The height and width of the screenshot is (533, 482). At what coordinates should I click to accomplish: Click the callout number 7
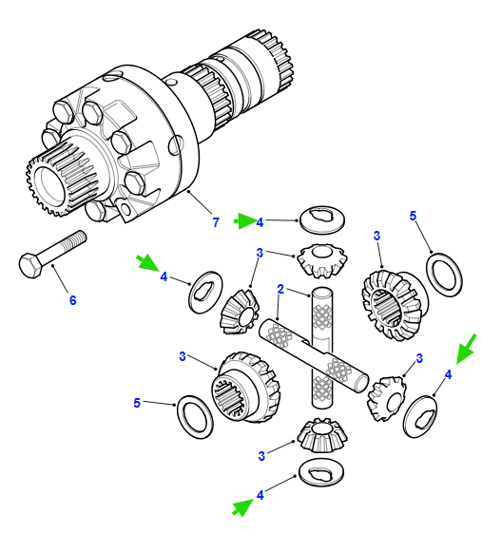pos(216,222)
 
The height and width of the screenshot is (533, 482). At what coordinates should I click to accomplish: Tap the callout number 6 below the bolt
pos(73,300)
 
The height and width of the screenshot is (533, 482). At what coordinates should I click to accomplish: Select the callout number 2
pos(280,289)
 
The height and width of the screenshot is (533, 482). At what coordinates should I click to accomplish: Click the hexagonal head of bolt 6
pos(30,265)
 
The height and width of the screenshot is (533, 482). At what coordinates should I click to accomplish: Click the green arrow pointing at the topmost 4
pos(245,221)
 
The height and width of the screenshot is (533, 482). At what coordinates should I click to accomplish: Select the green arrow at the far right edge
pos(466,349)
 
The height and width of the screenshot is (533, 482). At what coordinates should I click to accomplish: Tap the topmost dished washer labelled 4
pos(322,219)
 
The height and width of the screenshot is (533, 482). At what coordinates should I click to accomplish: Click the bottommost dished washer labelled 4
pos(321,472)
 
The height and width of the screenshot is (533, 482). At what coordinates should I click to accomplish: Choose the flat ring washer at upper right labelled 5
pos(444,275)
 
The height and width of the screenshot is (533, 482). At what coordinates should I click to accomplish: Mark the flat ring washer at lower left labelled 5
pos(196,417)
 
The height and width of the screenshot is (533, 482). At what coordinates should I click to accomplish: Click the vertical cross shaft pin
pos(321,347)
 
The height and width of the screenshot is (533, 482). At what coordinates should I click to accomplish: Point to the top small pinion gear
pos(322,260)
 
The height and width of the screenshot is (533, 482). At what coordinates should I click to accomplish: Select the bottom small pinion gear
pos(322,435)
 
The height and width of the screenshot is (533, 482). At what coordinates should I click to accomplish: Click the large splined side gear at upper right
pos(395,305)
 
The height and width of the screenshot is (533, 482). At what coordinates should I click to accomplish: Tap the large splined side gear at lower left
pos(245,387)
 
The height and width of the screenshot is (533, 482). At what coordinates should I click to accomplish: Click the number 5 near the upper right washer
pos(413,216)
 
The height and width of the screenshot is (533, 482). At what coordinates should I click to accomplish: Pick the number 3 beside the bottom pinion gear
pos(261,456)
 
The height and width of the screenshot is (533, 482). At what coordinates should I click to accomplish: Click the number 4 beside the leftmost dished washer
pos(164,276)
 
